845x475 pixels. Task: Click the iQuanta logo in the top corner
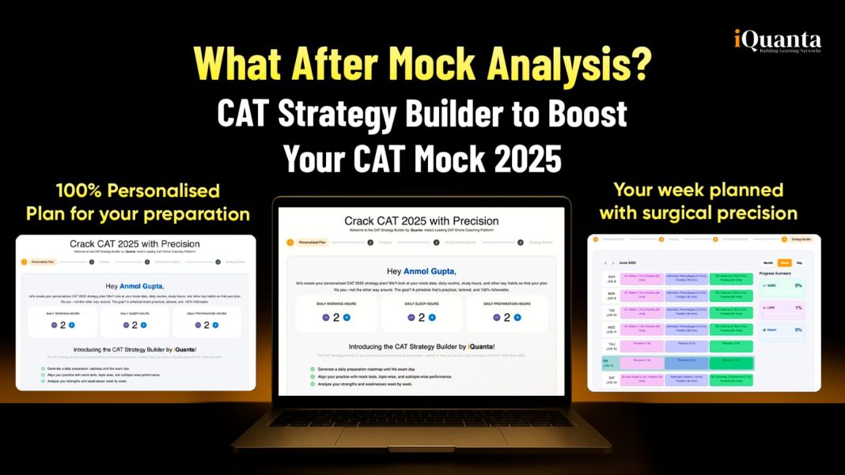[775, 41]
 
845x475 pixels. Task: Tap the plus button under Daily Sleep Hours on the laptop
[431, 318]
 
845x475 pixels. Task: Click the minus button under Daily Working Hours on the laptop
[325, 318]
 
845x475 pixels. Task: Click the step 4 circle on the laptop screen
[520, 243]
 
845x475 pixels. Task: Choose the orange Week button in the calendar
[784, 262]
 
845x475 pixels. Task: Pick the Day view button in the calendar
[800, 262]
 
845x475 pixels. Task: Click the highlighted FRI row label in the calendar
[608, 364]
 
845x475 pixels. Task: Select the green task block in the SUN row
[731, 279]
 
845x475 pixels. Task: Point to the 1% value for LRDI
[798, 307]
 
